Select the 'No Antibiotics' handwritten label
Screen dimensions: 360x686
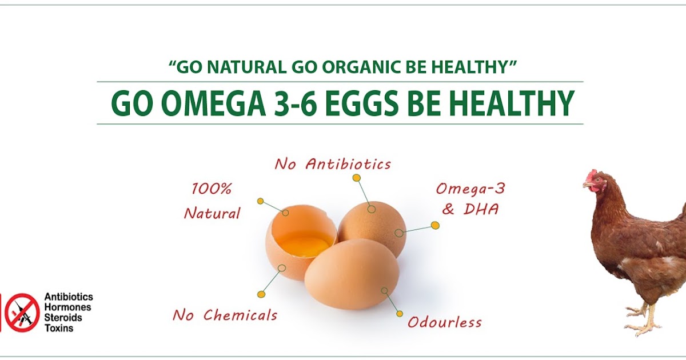[x=333, y=165]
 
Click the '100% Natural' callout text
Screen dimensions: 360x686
[x=212, y=201]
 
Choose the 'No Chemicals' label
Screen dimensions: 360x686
[x=225, y=314]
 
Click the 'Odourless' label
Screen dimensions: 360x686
[x=444, y=322]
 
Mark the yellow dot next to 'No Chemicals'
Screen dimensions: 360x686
[x=261, y=294]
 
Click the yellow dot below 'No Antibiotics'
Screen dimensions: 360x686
[x=356, y=178]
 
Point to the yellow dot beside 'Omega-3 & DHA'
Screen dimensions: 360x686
[x=435, y=225]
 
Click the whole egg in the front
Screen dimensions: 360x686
[x=351, y=273]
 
